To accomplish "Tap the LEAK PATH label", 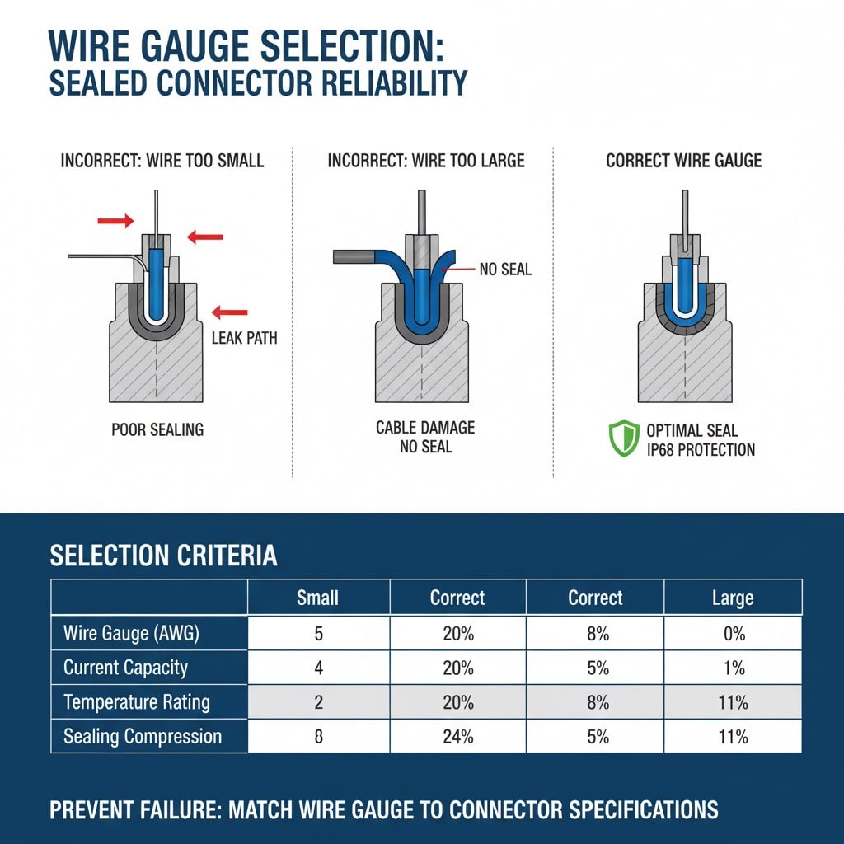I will click(x=245, y=338).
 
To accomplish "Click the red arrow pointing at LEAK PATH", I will click(x=229, y=312).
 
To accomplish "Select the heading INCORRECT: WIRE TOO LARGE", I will click(x=426, y=160).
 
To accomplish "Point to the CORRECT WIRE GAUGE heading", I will click(x=684, y=160).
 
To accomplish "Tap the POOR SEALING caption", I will click(x=157, y=429).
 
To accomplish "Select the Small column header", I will click(x=317, y=598).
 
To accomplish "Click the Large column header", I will click(x=732, y=598).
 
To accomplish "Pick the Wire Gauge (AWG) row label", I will click(x=131, y=634).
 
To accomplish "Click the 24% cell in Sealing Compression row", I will click(x=457, y=736).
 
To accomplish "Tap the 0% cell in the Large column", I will click(x=732, y=634).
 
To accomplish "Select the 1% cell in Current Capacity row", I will click(x=732, y=668).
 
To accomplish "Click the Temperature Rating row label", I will click(x=137, y=702).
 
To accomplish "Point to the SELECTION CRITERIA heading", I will click(x=163, y=556).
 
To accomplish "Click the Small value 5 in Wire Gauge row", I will click(x=319, y=634).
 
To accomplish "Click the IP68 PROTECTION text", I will click(x=701, y=449).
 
